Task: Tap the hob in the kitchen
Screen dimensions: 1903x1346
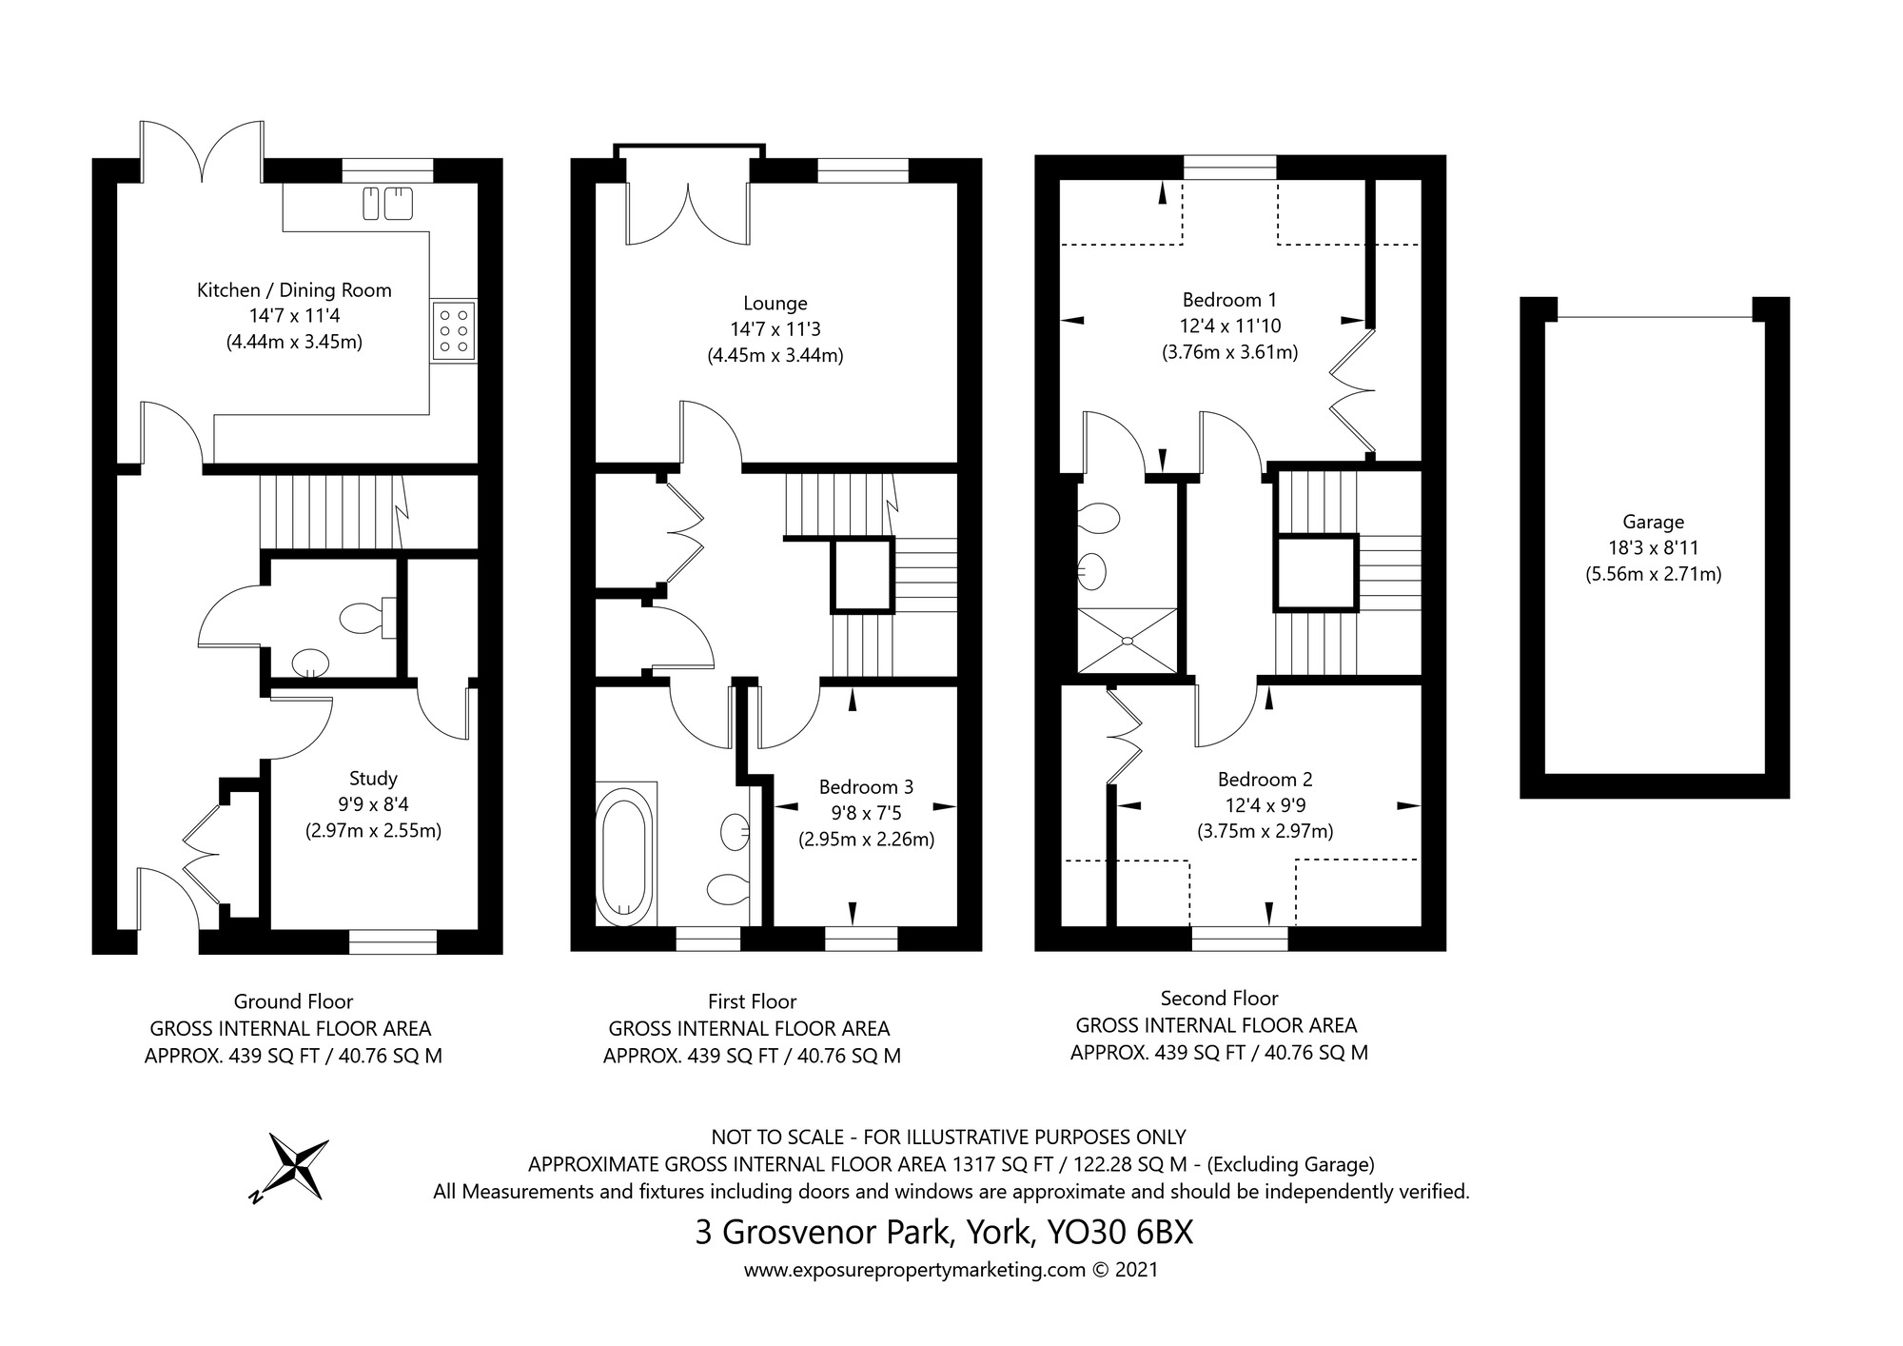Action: [x=454, y=330]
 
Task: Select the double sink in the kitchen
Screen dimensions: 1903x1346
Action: [x=388, y=203]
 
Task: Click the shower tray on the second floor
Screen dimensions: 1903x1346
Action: [x=1127, y=641]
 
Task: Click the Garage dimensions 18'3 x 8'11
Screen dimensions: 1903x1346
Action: [x=1654, y=548]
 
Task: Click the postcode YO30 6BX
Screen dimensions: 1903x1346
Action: [x=1120, y=1233]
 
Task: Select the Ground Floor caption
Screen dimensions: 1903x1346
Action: [x=293, y=1001]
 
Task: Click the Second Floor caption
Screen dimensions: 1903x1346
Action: [x=1219, y=999]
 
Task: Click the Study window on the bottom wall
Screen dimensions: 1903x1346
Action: [x=393, y=941]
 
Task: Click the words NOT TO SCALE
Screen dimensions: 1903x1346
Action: [x=777, y=1137]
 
